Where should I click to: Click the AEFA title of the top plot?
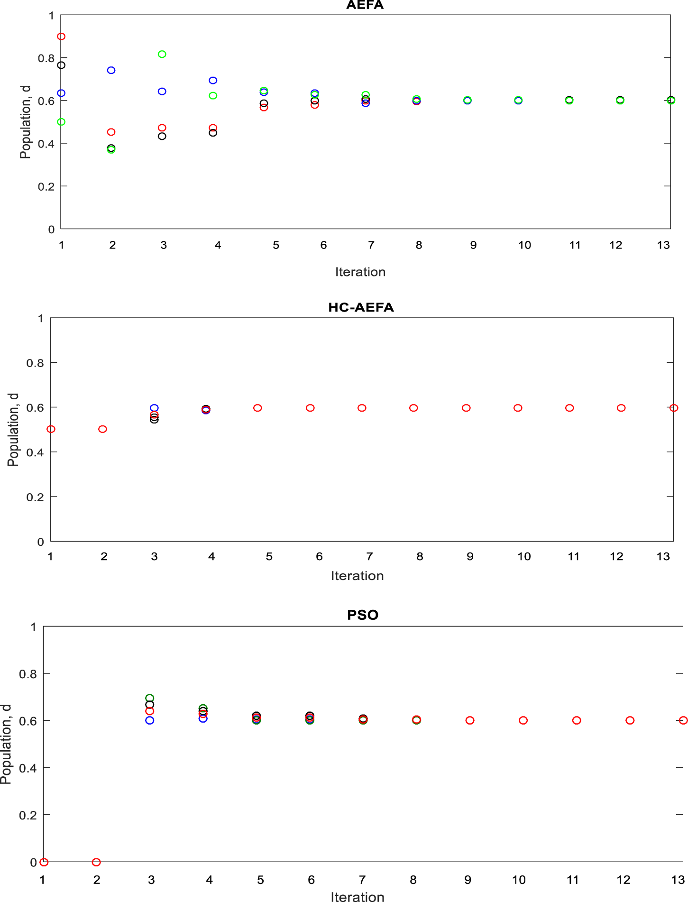coord(365,5)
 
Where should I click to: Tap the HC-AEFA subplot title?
coord(361,307)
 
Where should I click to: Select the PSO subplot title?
coord(363,615)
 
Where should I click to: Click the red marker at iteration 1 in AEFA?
coord(61,37)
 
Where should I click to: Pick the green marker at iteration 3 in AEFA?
coord(162,54)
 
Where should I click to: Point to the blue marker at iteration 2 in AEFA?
coord(111,70)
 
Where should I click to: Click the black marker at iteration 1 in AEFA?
coord(61,65)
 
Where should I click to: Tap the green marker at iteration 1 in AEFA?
coord(61,122)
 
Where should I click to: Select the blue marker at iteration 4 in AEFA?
coord(213,81)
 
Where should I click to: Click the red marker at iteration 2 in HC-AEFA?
coord(102,429)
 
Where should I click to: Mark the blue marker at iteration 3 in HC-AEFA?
coord(154,408)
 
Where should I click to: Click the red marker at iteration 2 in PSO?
coord(96,862)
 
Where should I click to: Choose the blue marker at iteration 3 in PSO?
coord(150,720)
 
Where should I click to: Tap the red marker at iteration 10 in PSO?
coord(523,720)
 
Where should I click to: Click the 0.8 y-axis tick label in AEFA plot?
coord(46,58)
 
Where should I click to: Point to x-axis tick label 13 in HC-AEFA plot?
coord(663,557)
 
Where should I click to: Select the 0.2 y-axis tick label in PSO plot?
coord(28,815)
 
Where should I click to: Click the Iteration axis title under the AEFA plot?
coord(360,272)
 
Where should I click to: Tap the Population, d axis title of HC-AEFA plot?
coord(13,430)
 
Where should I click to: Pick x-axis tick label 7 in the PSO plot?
coord(362,880)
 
